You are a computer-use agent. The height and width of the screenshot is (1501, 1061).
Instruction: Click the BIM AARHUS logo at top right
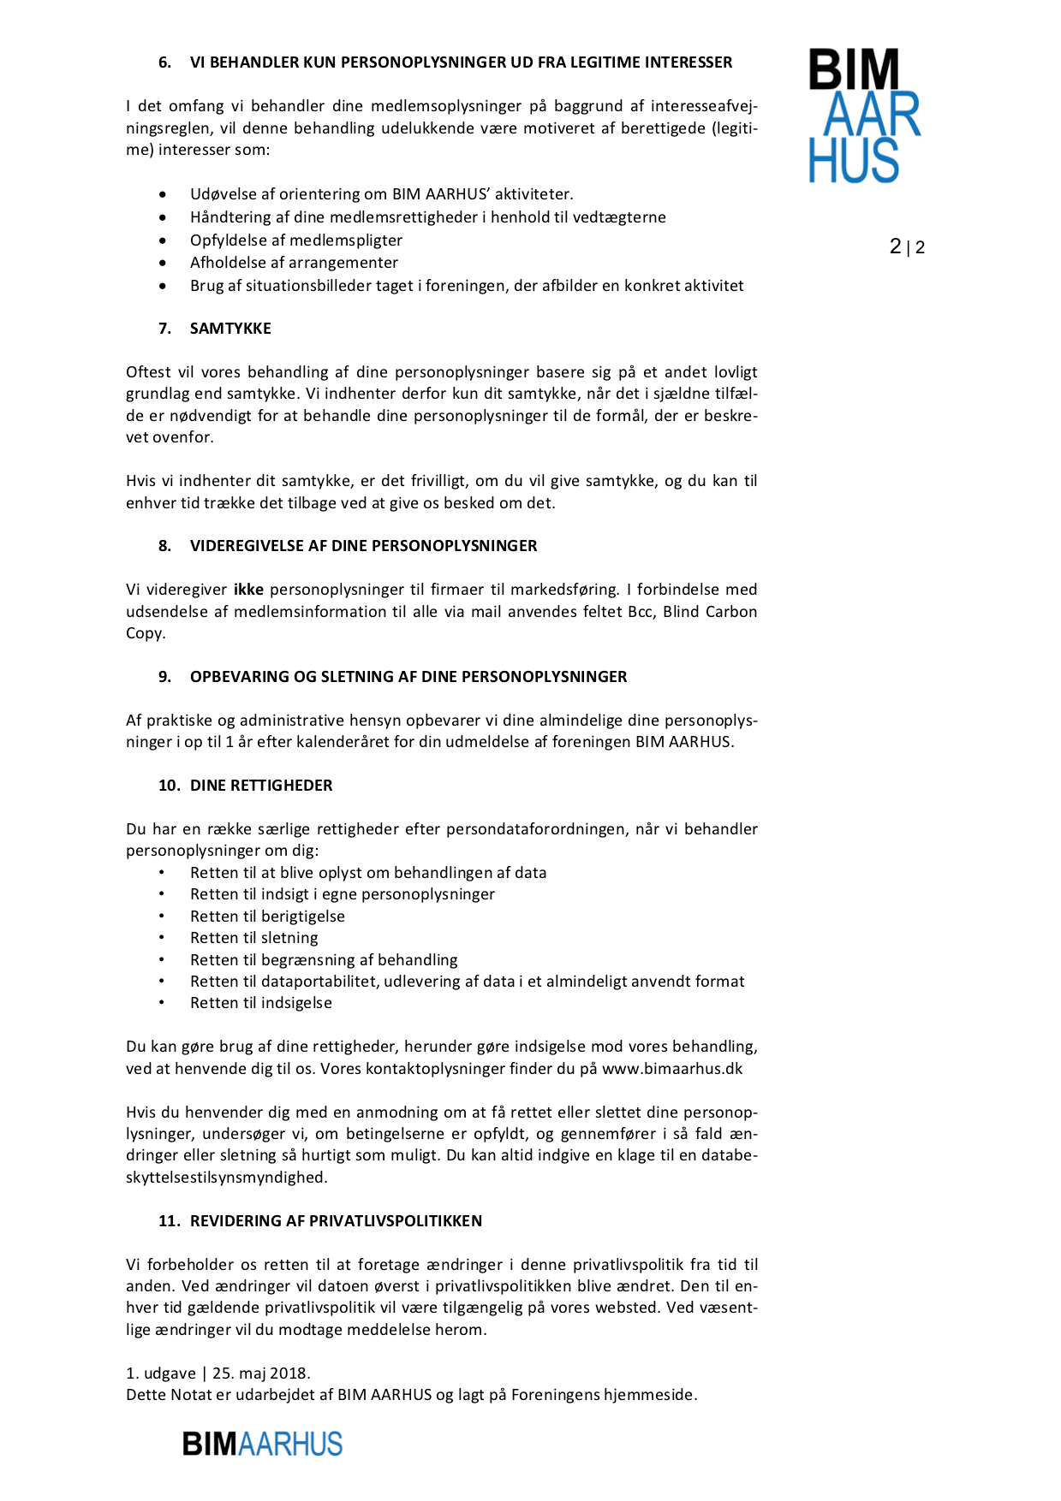(864, 116)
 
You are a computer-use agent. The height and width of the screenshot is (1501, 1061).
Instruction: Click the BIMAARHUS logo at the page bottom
(262, 1444)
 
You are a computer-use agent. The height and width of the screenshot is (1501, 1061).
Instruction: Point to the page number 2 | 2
(907, 247)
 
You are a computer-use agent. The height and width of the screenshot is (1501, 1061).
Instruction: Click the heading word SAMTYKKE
(230, 329)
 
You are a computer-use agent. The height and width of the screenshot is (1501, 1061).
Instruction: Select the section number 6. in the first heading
(164, 62)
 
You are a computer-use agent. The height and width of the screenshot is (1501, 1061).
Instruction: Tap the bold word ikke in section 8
(248, 590)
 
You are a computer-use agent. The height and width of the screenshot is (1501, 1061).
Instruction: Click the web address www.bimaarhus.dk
(672, 1069)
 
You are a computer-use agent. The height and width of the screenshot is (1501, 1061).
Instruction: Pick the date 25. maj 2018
(260, 1373)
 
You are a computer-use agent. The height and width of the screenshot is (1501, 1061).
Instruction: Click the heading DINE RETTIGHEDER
(261, 786)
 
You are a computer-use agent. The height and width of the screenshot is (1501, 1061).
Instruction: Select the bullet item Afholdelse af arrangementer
(294, 263)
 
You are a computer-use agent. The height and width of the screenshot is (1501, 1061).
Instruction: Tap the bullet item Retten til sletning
(254, 938)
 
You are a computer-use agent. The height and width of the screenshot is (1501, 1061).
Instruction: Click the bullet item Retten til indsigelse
(261, 1003)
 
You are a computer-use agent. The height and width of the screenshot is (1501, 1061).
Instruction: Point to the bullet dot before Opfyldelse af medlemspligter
(163, 240)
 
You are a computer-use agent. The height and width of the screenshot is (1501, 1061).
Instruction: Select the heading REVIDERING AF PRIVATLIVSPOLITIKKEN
(336, 1221)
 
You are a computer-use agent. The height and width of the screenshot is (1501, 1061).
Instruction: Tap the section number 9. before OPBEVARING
(164, 677)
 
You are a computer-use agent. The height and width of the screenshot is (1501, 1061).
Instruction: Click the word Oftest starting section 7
(148, 372)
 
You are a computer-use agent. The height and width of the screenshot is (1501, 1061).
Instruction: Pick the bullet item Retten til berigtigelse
(267, 917)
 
